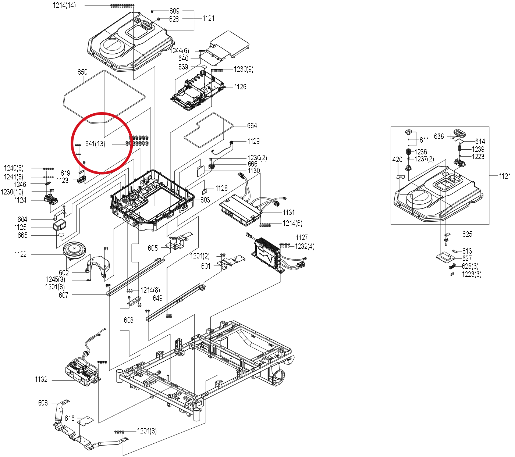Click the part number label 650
[82, 72]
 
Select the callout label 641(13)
[95, 144]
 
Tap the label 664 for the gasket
[252, 126]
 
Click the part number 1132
[41, 379]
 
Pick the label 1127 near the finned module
[302, 238]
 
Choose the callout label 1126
[240, 87]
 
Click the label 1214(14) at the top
[64, 6]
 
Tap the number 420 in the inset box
[397, 160]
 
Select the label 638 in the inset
[439, 136]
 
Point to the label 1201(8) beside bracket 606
[147, 431]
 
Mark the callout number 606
[43, 403]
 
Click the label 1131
[289, 213]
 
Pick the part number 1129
[253, 141]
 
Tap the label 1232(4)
[305, 246]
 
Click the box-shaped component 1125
[60, 225]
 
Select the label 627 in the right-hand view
[467, 258]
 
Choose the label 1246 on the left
[20, 185]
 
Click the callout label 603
[205, 200]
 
